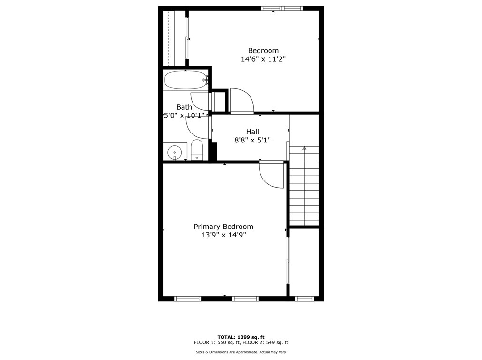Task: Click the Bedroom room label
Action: (x=263, y=51)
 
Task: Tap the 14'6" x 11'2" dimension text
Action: (x=263, y=59)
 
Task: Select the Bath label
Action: (x=184, y=107)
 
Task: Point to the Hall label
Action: (x=252, y=132)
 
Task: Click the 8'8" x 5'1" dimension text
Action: (x=252, y=140)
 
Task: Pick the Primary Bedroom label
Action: (x=223, y=227)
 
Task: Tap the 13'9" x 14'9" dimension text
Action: (x=223, y=235)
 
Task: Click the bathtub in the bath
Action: (x=185, y=80)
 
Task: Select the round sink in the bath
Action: (x=174, y=152)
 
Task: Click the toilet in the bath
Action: (x=197, y=151)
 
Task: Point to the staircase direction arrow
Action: (x=304, y=149)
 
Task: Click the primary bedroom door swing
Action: (x=271, y=174)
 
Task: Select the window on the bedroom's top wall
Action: (x=282, y=9)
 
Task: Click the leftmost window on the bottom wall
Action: (x=188, y=299)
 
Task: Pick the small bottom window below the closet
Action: (x=304, y=299)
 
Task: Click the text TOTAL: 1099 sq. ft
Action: (x=241, y=337)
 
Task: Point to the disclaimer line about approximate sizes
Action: (x=241, y=352)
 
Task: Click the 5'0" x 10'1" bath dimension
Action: (x=184, y=115)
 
